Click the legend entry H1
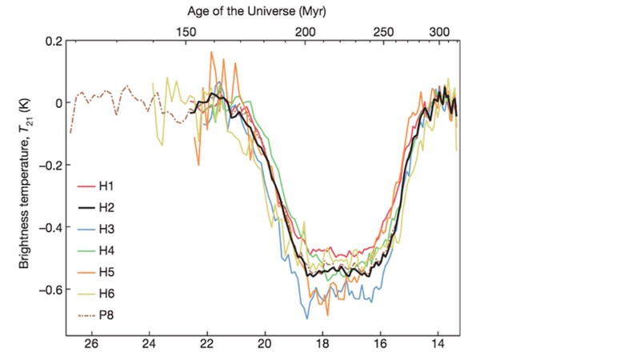click(x=106, y=186)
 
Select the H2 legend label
click(x=106, y=208)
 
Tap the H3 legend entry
click(x=106, y=230)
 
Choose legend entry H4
click(x=106, y=250)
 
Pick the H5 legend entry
click(x=106, y=272)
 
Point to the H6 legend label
click(x=106, y=294)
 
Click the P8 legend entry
click(x=106, y=314)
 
